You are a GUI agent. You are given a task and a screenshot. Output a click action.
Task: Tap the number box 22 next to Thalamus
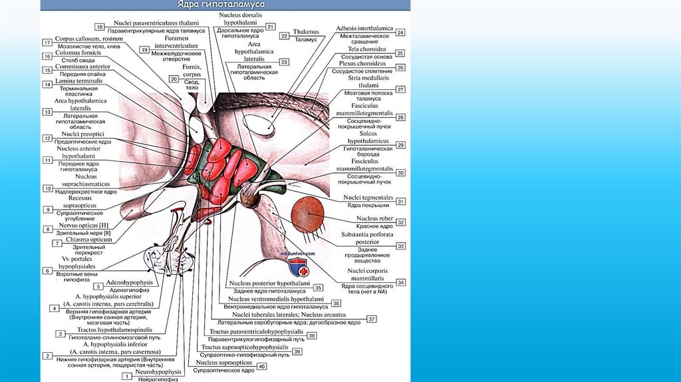pyautogui.click(x=284, y=36)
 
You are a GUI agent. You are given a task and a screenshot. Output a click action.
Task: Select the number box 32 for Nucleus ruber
pyautogui.click(x=401, y=222)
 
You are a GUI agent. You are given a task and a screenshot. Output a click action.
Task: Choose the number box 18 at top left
pyautogui.click(x=100, y=27)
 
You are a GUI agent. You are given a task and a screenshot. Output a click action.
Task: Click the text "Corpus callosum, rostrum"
pyautogui.click(x=85, y=39)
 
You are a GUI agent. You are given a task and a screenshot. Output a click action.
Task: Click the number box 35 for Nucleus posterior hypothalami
pyautogui.click(x=318, y=287)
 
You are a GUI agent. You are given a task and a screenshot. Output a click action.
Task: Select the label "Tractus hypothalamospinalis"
pyautogui.click(x=114, y=329)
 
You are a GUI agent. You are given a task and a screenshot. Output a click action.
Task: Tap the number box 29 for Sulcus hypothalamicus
pyautogui.click(x=400, y=144)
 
